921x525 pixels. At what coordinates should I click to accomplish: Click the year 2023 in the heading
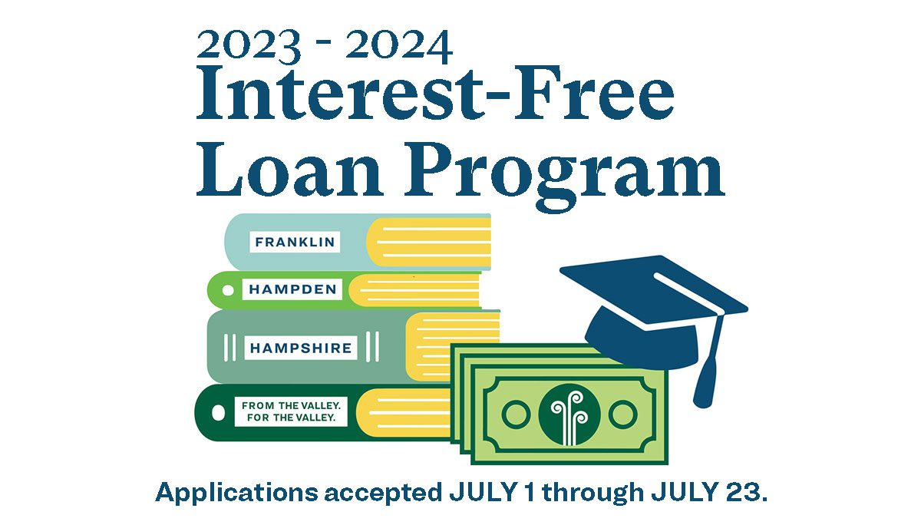coord(249,46)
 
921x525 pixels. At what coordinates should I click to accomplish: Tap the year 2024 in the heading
coord(399,46)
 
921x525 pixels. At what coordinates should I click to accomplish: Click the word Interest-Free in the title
coord(436,93)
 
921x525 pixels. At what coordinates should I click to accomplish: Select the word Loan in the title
coord(290,170)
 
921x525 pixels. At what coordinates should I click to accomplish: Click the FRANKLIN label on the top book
coord(295,242)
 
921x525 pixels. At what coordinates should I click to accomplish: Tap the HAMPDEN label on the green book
coord(292,289)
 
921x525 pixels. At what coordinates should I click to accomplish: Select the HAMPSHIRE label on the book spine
coord(301,348)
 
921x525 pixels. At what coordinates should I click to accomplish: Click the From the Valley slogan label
coord(291,411)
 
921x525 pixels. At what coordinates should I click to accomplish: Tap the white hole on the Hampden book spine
coord(228,290)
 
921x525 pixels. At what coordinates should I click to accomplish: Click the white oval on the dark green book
coord(218,412)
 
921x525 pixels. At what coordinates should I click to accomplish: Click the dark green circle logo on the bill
coord(569,414)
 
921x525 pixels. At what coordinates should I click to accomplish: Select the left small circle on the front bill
coord(516,414)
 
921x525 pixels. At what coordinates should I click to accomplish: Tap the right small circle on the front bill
coord(623,414)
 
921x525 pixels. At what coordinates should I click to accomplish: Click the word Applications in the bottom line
coord(237,493)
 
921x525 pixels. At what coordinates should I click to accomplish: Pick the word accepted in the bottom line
coord(383,494)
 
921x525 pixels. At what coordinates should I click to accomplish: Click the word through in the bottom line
coord(593,493)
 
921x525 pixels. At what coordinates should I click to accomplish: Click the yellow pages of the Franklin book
coord(429,242)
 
